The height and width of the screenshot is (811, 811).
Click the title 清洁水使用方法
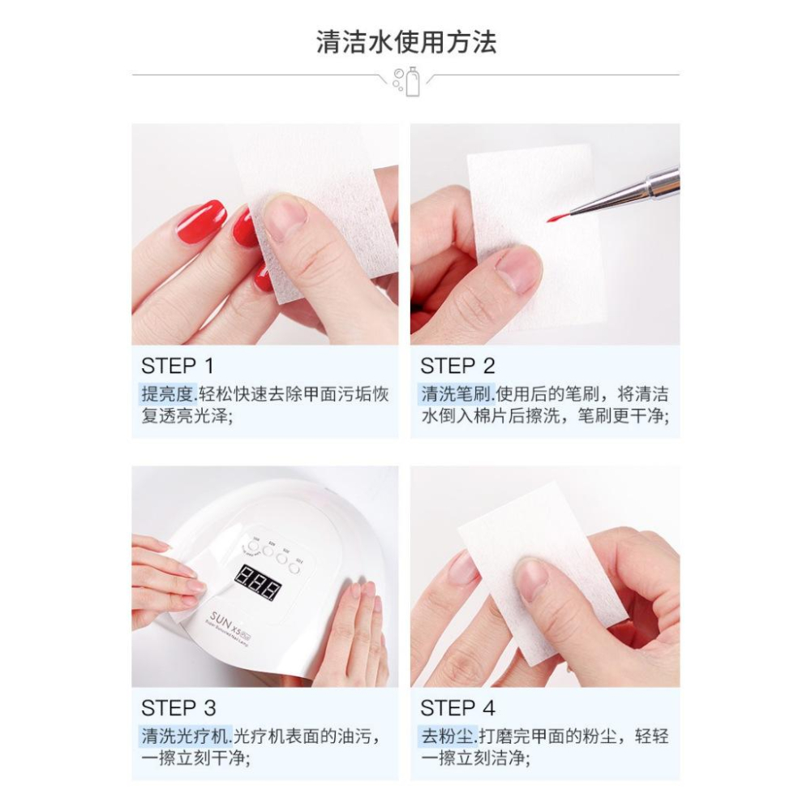[405, 41]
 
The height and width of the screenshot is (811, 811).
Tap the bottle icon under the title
[413, 82]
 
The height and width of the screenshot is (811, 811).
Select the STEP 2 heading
[457, 365]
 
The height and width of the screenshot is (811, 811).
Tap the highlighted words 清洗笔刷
[456, 395]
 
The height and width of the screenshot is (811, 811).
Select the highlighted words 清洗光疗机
[186, 737]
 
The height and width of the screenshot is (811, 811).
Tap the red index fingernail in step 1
[198, 221]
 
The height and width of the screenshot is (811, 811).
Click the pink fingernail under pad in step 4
[465, 567]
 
